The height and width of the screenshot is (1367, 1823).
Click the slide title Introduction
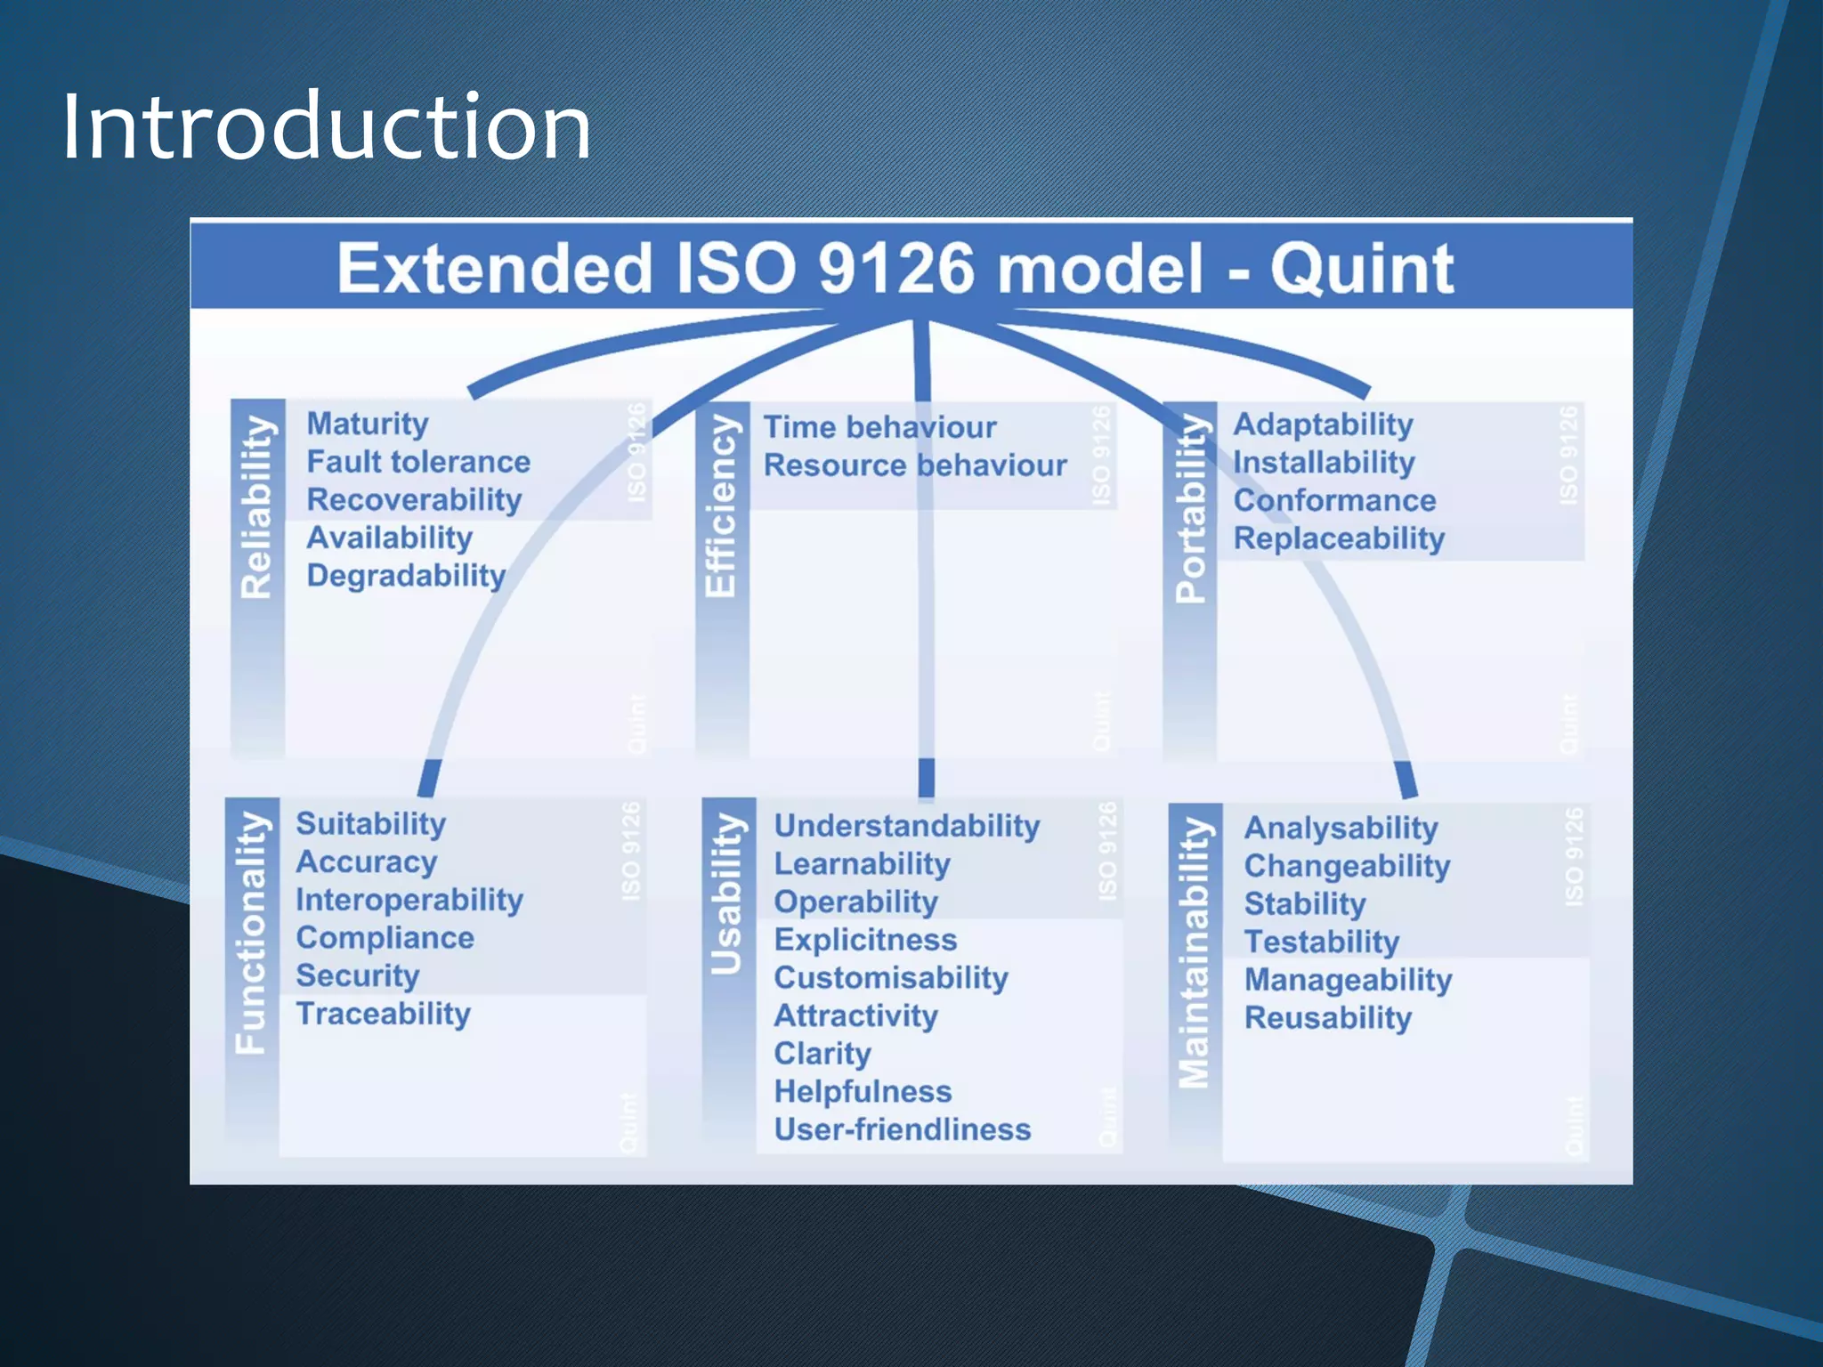coord(326,127)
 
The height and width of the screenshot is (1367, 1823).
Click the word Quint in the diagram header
coord(1361,269)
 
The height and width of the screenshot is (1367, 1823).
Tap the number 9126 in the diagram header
coord(895,269)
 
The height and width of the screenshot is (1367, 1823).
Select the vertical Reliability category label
coord(257,506)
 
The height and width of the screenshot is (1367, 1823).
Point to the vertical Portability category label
coord(1191,508)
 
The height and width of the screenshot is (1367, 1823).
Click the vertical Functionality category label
coord(252,932)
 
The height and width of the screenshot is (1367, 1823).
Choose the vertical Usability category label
coord(727,894)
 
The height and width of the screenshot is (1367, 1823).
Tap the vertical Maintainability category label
coord(1195,952)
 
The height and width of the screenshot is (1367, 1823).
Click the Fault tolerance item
coord(418,462)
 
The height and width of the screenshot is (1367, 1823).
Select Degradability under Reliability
coord(406,576)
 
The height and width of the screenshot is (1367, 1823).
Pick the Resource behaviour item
coord(915,465)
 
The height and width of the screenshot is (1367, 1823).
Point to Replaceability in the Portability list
coord(1339,538)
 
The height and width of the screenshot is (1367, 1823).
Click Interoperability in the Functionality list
coord(409,900)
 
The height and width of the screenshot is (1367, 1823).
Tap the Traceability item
coord(384,1014)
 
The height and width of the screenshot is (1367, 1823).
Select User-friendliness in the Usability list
coord(903,1129)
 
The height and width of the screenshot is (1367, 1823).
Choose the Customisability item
coord(891,978)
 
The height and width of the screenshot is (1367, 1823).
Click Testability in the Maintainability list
coord(1322,942)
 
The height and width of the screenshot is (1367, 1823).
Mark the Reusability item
coord(1328,1018)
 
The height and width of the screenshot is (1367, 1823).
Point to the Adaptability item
coord(1323,425)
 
